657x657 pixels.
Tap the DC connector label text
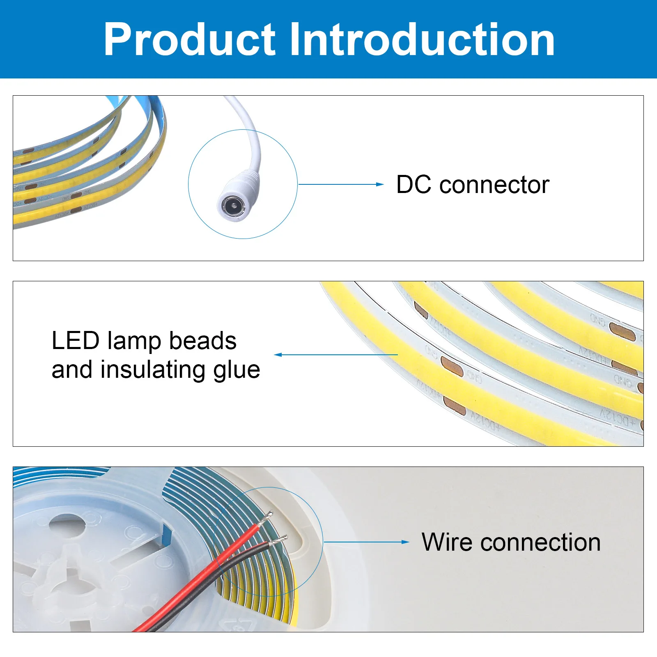(x=472, y=185)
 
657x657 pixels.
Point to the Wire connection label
(x=511, y=542)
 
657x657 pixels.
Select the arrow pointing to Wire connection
(x=365, y=542)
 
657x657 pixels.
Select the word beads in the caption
(x=203, y=341)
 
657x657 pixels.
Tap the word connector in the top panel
(x=494, y=185)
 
